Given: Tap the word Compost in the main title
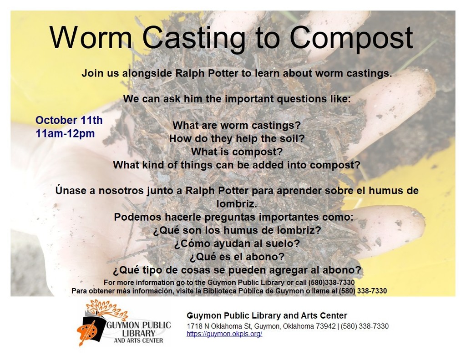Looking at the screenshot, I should [351, 39].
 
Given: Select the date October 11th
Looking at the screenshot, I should [69, 121].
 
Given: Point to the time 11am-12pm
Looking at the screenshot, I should [65, 134].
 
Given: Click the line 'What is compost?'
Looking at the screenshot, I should [237, 152].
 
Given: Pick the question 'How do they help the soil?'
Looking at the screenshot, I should [237, 138].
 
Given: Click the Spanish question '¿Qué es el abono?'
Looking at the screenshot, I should [237, 257].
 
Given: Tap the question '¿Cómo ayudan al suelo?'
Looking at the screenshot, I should [237, 244].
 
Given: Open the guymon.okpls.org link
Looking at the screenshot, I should [224, 334].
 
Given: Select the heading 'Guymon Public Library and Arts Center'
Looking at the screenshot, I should [267, 315].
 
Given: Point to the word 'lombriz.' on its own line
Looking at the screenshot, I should [237, 203].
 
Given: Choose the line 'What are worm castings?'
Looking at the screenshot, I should [237, 125].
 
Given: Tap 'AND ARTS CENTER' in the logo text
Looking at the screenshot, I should [138, 340].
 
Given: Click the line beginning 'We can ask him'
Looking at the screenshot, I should [237, 99].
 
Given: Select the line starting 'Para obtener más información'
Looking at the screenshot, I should [229, 291].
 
